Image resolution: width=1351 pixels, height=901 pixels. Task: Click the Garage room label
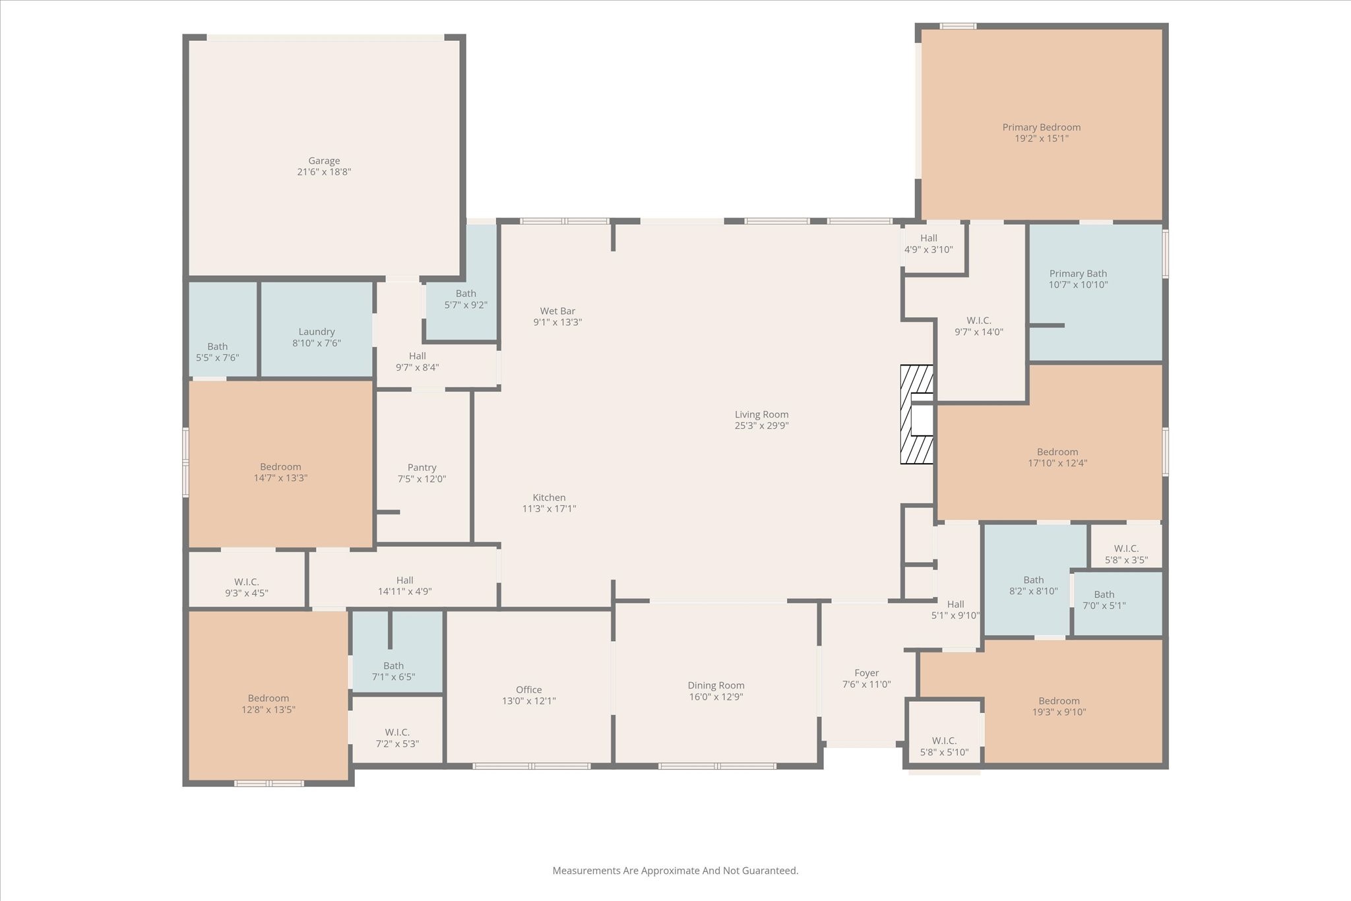(324, 161)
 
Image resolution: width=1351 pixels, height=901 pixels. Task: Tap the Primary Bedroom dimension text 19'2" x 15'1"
(1041, 139)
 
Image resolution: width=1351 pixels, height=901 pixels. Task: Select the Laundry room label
(317, 332)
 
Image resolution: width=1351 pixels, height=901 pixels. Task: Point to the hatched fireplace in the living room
(917, 414)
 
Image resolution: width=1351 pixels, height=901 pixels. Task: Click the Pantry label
(422, 468)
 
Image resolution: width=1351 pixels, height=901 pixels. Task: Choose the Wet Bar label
(557, 311)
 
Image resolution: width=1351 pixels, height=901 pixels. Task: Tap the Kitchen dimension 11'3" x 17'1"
(549, 509)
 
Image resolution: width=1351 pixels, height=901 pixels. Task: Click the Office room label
(528, 690)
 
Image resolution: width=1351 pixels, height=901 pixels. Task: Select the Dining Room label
(716, 686)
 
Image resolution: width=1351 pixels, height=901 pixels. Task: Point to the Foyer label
(866, 673)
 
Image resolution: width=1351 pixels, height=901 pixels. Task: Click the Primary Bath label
(1078, 274)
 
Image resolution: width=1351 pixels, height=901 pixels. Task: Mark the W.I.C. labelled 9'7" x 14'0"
(979, 326)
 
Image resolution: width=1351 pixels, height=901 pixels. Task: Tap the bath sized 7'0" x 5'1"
(1104, 600)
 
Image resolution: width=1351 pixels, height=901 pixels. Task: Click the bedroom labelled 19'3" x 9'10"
(1059, 706)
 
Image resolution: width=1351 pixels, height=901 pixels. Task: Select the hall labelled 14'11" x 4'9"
(404, 586)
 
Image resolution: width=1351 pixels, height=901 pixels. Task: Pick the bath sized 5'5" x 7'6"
(217, 352)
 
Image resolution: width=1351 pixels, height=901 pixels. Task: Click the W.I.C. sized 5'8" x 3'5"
(1126, 554)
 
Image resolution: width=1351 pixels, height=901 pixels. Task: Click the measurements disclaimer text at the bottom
(675, 871)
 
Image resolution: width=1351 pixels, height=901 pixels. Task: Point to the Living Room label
(761, 415)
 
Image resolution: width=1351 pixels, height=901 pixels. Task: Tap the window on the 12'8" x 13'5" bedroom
(268, 784)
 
